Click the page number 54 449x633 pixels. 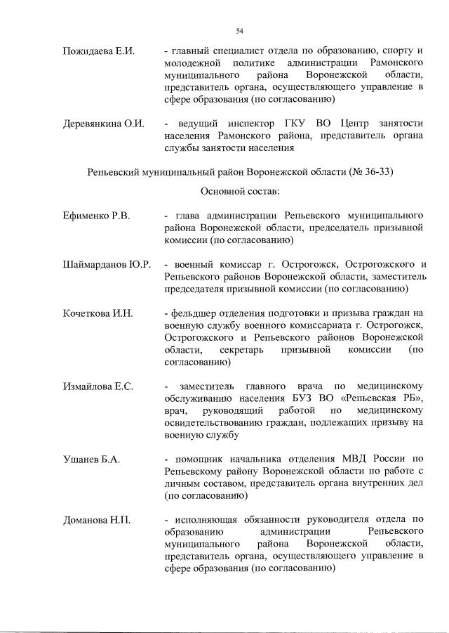point(239,30)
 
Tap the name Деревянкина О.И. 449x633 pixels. point(103,124)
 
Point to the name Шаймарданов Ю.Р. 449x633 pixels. point(107,264)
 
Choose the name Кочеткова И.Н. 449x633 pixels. point(98,313)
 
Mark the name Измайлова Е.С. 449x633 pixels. point(98,386)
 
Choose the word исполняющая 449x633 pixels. point(207,521)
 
